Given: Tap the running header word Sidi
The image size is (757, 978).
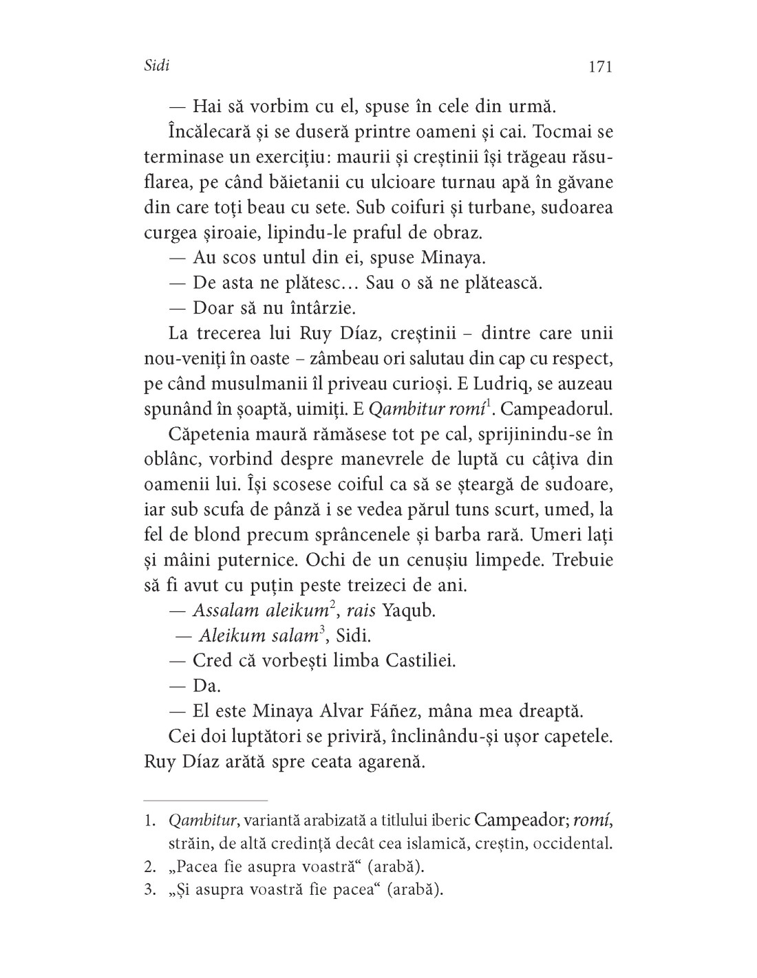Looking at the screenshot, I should [x=158, y=66].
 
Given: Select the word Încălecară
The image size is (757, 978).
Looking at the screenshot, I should [x=211, y=131].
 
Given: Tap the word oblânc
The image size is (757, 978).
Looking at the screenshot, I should [x=174, y=459].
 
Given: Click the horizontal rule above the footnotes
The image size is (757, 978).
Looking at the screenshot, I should [x=205, y=801].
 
